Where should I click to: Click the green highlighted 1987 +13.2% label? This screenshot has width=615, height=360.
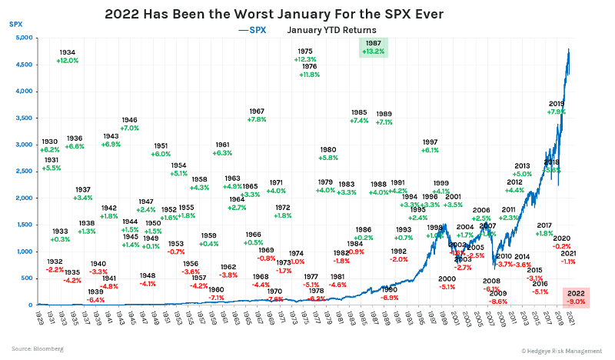point(374,48)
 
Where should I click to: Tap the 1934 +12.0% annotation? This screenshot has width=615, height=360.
point(68,56)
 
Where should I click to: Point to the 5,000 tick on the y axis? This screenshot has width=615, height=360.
point(22,38)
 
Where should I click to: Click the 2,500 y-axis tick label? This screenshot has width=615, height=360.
point(22,172)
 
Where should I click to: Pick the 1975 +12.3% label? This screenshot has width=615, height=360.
point(305,55)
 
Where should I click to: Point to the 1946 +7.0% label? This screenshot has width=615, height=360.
point(129,124)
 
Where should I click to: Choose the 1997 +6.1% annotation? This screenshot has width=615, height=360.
point(430,146)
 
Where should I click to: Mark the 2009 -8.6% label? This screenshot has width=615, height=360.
point(498,298)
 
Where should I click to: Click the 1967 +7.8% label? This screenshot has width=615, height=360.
point(257,115)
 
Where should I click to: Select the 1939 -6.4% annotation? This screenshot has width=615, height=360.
point(95,296)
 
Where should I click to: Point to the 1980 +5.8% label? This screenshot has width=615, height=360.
point(328,153)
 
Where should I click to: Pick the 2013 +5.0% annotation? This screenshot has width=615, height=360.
point(523,170)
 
